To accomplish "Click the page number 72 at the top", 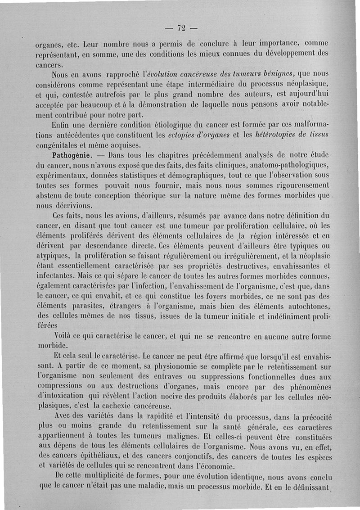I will click(181, 28).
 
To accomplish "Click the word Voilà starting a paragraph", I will click(65, 336).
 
